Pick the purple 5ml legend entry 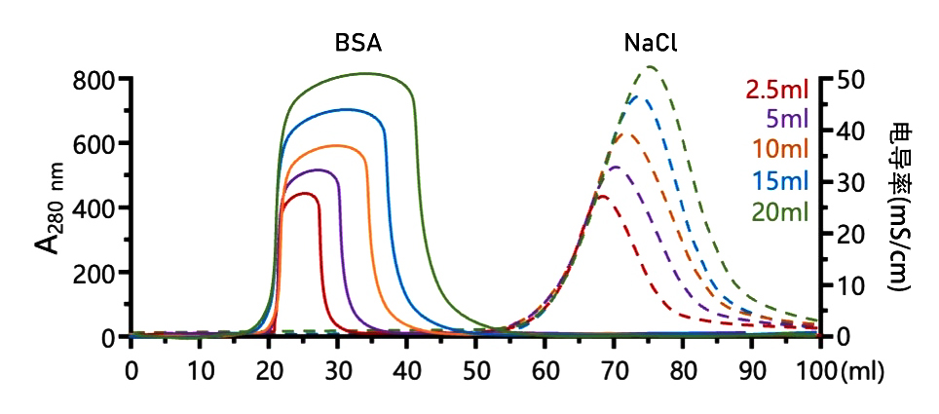(x=788, y=121)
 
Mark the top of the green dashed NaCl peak (x=651, y=67)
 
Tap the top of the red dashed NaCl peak (x=602, y=197)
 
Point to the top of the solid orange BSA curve (x=338, y=145)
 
